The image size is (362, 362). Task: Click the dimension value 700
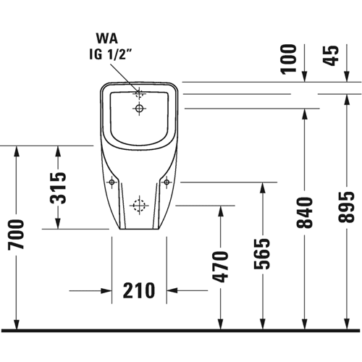pos(16,235)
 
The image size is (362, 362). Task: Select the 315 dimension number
pos(58,188)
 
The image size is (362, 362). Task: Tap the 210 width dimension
pos(139,290)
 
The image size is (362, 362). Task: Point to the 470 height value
pos(220,266)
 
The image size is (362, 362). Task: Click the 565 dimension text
pos(262,253)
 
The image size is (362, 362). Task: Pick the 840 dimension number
pos(305,213)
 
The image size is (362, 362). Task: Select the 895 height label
pos(347,207)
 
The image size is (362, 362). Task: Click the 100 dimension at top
pos(288,59)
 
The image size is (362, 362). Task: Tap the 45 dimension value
pos(331,56)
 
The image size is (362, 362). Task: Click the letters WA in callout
pos(107,38)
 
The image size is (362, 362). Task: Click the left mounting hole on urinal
pos(111,182)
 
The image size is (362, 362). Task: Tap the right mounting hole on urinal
pos(167,182)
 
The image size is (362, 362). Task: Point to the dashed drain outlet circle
pos(139,206)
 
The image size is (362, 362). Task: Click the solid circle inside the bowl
pos(139,109)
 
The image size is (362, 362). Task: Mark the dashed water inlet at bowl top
pos(139,93)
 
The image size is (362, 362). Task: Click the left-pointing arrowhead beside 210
pos(172,290)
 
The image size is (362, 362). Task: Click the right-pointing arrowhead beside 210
pos(106,290)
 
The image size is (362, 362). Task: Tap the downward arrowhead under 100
pos(305,77)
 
